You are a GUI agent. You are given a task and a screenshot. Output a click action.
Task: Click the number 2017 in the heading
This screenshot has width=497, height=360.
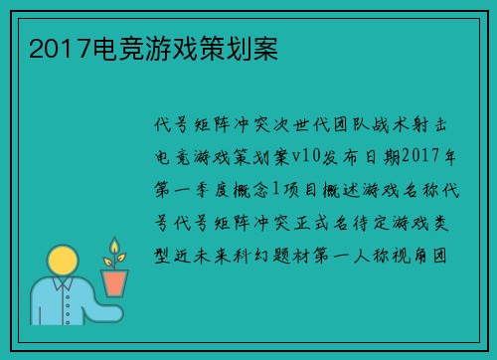pyautogui.click(x=53, y=47)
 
